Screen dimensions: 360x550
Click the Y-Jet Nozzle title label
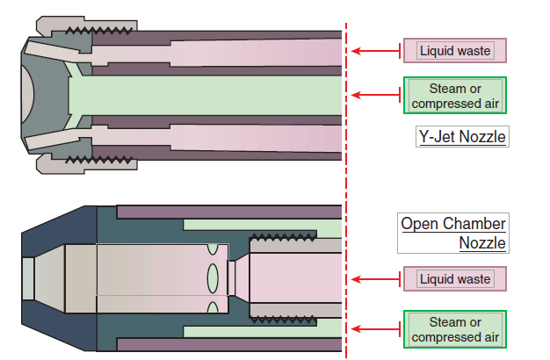[461, 137]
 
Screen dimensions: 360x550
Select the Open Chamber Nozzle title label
[453, 233]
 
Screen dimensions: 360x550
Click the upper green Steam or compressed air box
[454, 96]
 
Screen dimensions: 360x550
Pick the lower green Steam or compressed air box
[454, 329]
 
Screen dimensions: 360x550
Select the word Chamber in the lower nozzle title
[474, 223]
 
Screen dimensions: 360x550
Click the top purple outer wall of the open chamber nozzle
[228, 212]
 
